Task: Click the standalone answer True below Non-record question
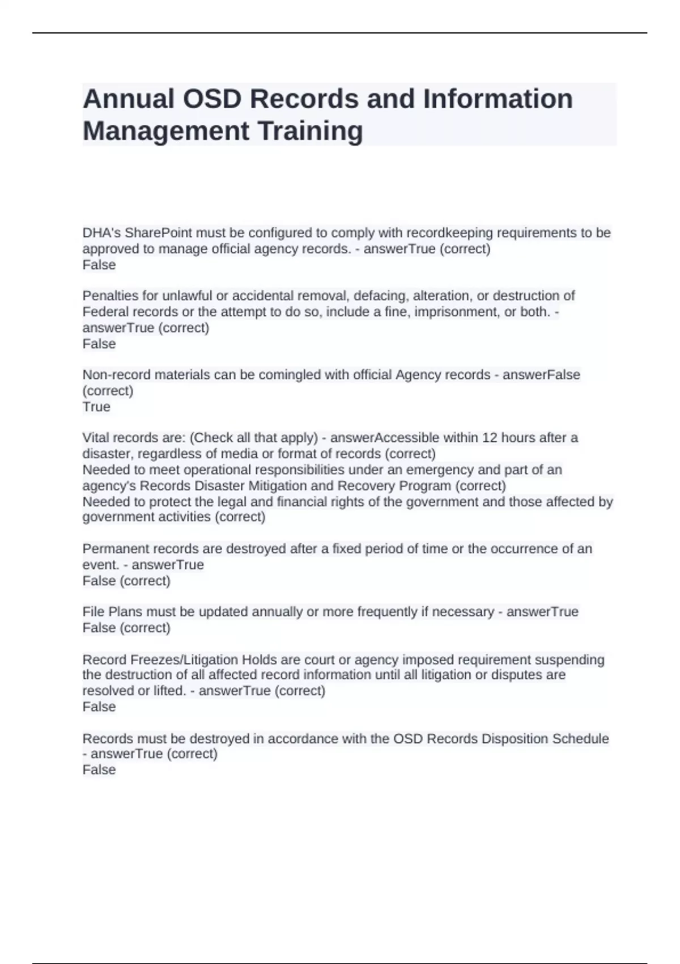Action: [96, 407]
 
